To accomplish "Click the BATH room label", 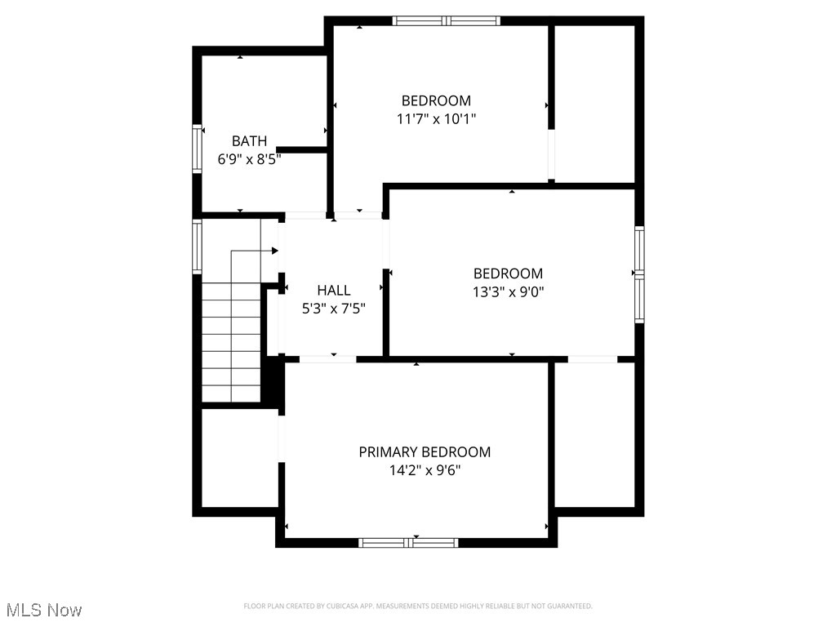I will (249, 141).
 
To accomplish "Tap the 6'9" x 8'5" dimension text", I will (249, 160).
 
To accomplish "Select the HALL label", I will (334, 290).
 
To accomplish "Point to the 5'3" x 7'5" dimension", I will (334, 309).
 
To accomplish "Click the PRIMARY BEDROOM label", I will (425, 451).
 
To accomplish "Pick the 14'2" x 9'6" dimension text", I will (425, 470).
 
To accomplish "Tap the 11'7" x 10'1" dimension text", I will (436, 119).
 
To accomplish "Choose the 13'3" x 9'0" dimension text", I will (508, 291).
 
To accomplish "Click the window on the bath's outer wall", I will (197, 148).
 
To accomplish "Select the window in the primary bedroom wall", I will (408, 542).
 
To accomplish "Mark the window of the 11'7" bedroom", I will (446, 21).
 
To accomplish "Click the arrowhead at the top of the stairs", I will (275, 251).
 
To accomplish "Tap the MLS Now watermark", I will (44, 610).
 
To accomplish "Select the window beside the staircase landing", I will (197, 246).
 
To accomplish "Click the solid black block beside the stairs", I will (272, 381).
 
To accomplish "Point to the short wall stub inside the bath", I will (302, 150).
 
